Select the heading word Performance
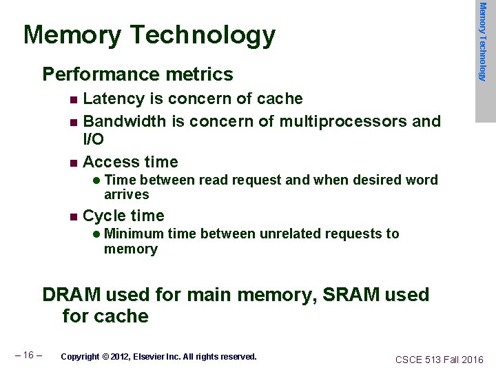tap(91, 74)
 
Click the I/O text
tap(94, 139)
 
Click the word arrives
tap(127, 195)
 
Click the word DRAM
tap(70, 295)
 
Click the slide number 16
tap(29, 355)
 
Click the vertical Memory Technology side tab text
tap(484, 41)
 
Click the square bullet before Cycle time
tap(74, 216)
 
